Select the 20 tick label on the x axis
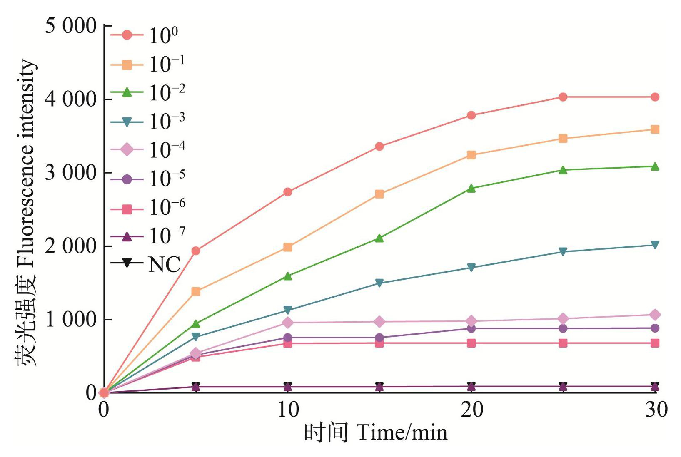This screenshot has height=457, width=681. (x=471, y=410)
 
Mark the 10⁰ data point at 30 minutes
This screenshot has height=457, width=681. (x=655, y=97)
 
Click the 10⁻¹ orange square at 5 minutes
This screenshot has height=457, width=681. (x=196, y=292)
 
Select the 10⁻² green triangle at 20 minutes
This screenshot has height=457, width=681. (x=471, y=188)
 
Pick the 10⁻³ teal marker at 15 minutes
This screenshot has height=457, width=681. (x=379, y=283)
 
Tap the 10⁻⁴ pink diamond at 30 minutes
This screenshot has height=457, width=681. (x=655, y=315)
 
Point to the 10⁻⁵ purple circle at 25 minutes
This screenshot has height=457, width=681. (x=563, y=328)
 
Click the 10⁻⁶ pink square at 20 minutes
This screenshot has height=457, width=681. (x=471, y=343)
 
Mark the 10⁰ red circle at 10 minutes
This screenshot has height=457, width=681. (x=288, y=192)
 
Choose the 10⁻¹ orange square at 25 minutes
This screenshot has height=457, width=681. (x=563, y=139)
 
